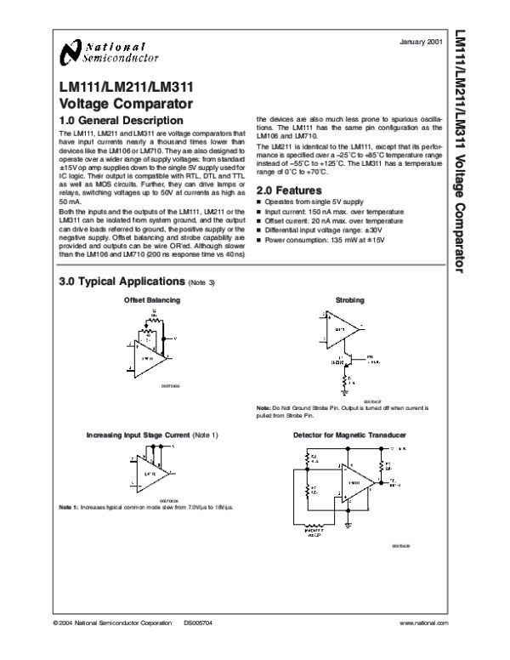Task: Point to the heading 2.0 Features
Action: (x=289, y=190)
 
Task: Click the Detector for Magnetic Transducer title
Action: (x=349, y=435)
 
